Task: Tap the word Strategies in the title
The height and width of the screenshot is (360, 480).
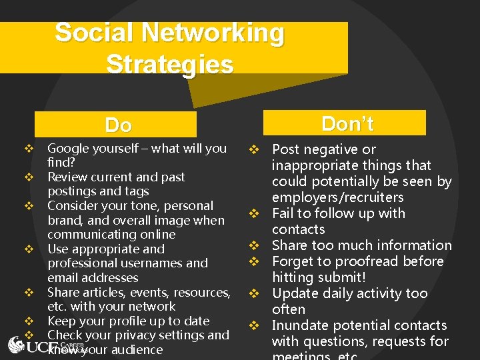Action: click(169, 65)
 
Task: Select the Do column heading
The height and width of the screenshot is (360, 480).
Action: click(118, 125)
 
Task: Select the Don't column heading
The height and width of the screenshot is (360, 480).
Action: click(347, 123)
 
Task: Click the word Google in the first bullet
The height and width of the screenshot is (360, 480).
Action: click(69, 149)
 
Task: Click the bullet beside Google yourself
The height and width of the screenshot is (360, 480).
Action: click(29, 149)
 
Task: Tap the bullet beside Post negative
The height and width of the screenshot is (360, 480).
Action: click(254, 149)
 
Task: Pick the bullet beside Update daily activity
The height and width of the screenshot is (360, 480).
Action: click(254, 293)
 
